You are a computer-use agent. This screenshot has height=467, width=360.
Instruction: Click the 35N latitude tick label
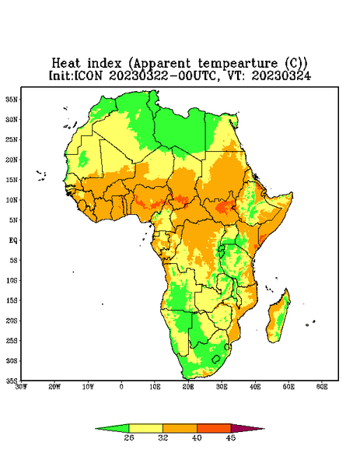[x=12, y=99]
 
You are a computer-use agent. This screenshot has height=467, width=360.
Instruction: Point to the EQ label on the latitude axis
[x=12, y=240]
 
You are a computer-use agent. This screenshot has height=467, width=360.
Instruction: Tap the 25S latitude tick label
[x=12, y=340]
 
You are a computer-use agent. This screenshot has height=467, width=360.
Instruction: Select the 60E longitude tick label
[x=322, y=387]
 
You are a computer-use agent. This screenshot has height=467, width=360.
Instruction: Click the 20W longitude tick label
[x=54, y=387]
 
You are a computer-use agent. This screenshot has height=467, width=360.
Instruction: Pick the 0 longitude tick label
[x=121, y=387]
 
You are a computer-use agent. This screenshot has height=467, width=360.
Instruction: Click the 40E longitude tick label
[x=255, y=387]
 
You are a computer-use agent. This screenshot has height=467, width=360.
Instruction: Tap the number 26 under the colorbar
[x=129, y=437]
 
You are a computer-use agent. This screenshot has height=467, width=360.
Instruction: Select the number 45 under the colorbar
[x=231, y=437]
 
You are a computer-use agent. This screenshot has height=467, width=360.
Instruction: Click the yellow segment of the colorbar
[x=145, y=428]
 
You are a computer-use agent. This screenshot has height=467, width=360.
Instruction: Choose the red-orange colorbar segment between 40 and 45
[x=214, y=428]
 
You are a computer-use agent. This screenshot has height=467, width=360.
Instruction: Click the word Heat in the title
[x=66, y=63]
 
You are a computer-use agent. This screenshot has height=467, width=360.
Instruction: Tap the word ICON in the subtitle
[x=88, y=75]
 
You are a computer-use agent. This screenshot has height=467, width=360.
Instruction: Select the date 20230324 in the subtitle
[x=281, y=75]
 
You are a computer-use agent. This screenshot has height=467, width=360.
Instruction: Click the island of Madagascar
[x=279, y=318]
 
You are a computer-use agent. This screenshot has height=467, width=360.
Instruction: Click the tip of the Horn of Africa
[x=292, y=194]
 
